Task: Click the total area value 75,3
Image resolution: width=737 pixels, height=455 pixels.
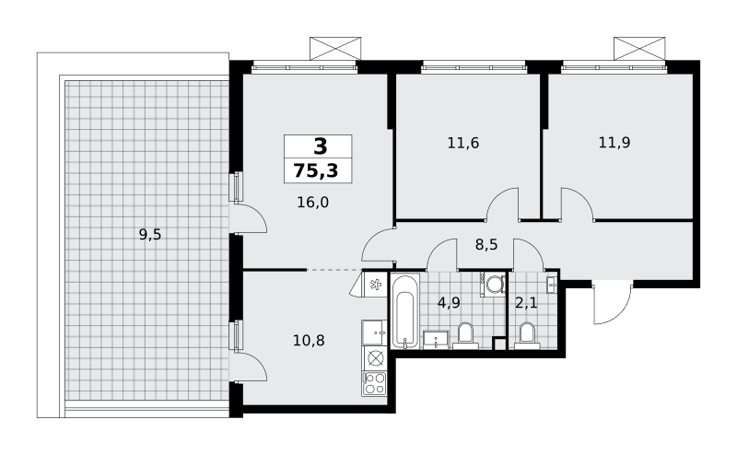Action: (316, 170)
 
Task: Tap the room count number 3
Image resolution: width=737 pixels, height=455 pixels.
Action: (320, 146)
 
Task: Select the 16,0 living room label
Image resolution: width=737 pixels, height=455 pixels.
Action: (312, 203)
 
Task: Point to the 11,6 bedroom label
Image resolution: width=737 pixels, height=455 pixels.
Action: (463, 143)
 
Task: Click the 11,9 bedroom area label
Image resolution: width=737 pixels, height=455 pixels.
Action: (614, 142)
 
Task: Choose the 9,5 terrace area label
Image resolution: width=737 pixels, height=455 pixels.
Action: (150, 234)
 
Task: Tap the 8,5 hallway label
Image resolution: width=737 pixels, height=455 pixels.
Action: (486, 244)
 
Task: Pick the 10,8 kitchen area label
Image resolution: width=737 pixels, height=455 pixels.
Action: (309, 340)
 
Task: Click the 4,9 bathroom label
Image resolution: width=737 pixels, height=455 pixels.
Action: (449, 303)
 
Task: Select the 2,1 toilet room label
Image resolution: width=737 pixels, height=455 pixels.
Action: (526, 303)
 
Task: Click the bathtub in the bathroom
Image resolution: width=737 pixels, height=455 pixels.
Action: (404, 312)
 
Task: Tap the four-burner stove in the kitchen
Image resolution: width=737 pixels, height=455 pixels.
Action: (374, 383)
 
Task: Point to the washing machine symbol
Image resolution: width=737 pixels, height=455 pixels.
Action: (494, 285)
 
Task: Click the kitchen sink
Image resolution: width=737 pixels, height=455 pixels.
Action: (374, 333)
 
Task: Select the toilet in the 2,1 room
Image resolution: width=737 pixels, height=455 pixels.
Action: (527, 336)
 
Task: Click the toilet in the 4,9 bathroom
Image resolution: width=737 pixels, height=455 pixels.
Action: (465, 336)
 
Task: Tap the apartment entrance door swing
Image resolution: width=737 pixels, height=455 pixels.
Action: (611, 304)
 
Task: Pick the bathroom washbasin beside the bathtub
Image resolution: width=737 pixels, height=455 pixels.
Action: (436, 339)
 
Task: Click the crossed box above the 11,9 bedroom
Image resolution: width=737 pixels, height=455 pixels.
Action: (639, 49)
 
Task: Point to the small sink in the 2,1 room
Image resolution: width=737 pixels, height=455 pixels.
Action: (552, 284)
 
